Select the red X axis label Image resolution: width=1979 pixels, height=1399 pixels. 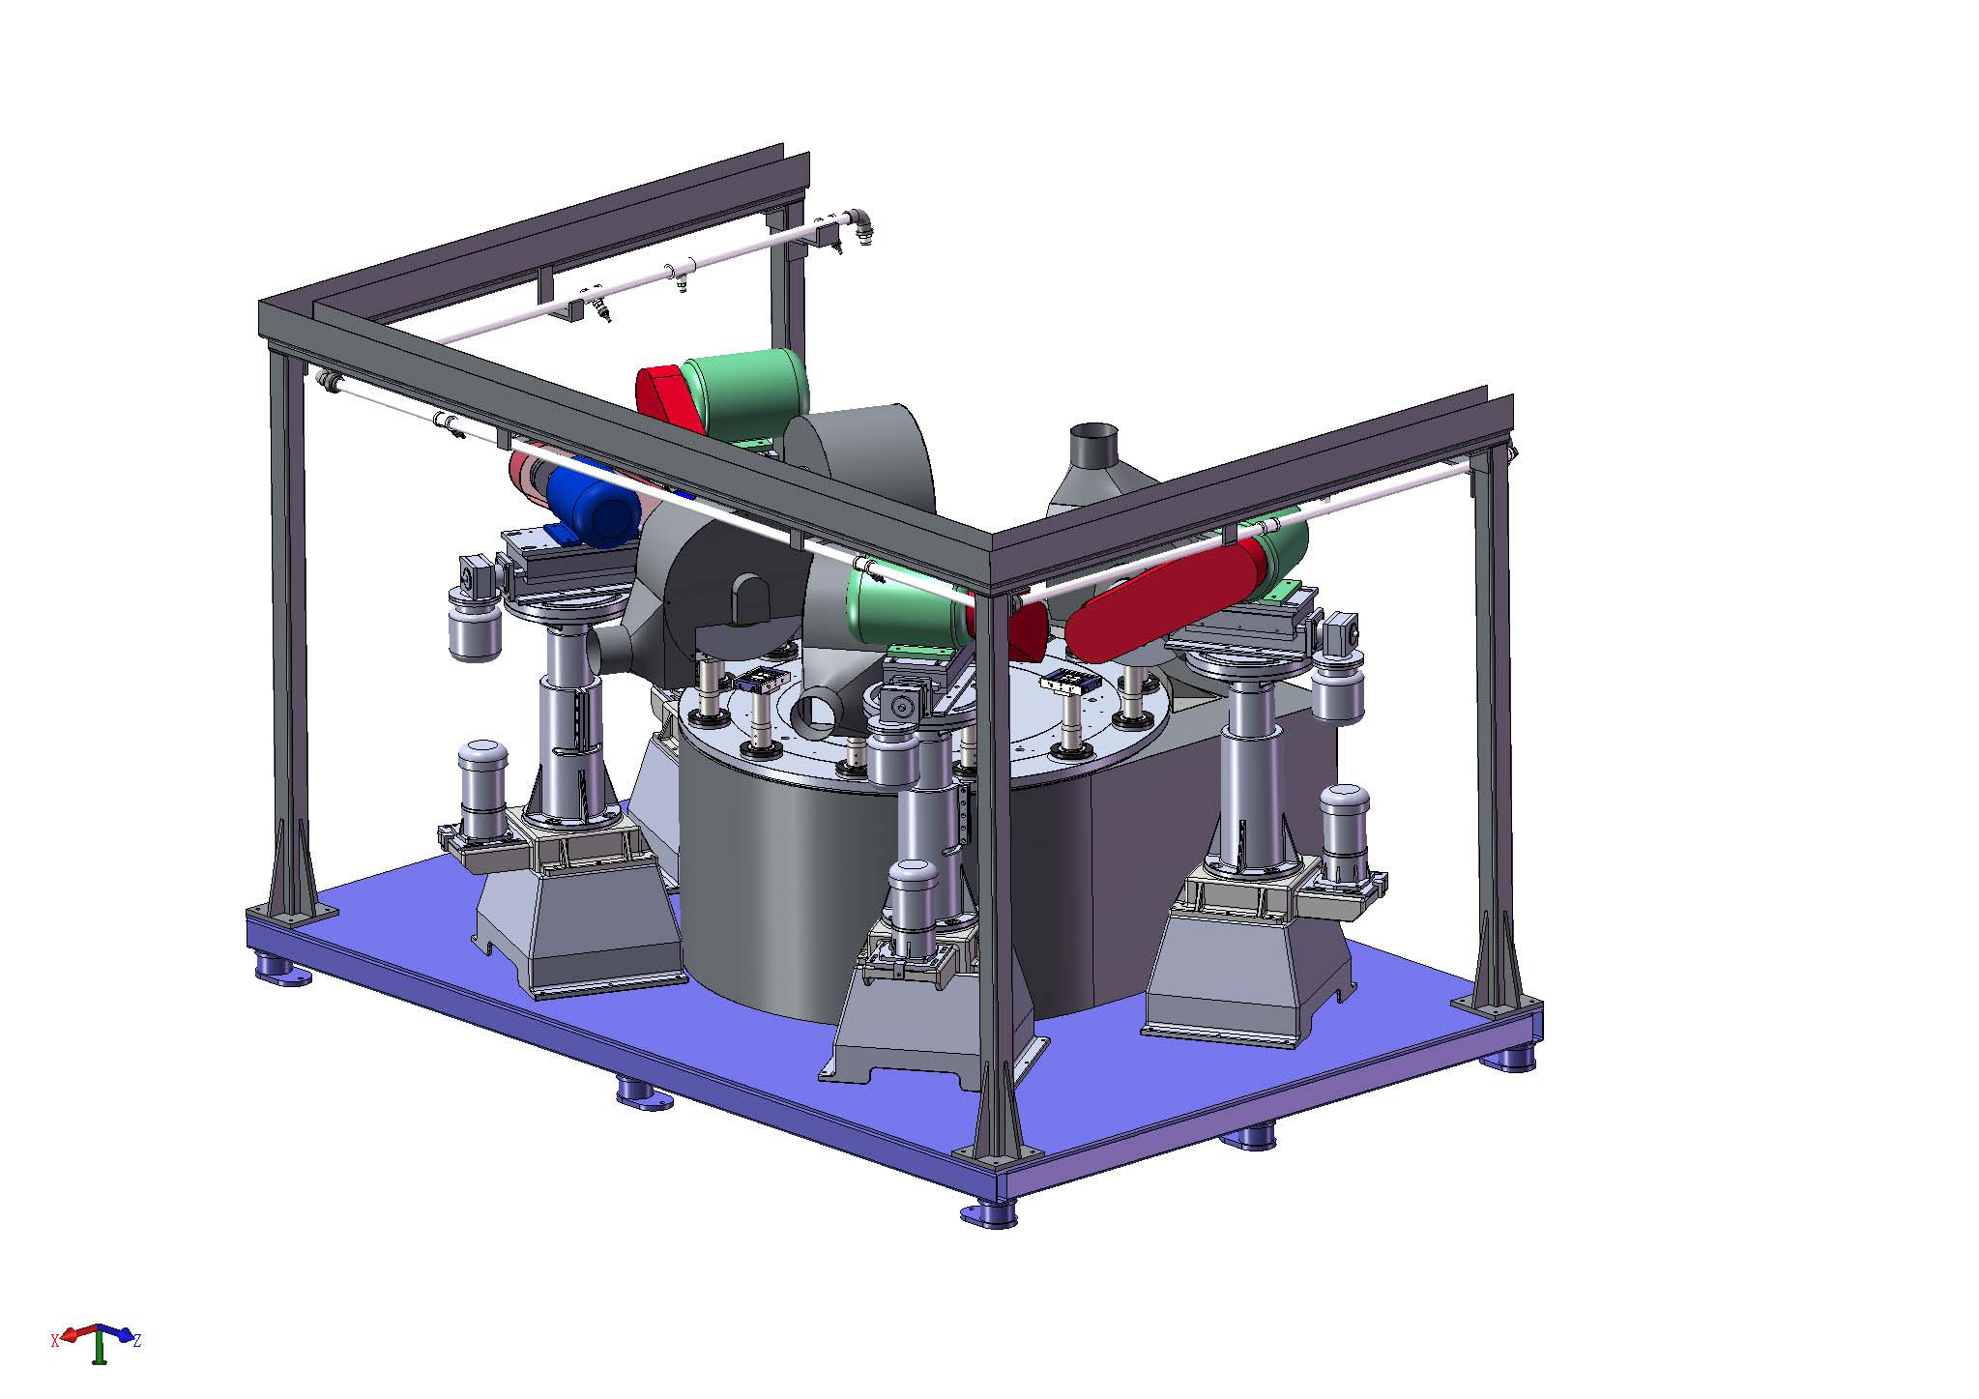55,1340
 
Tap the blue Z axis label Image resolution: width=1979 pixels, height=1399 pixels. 137,1340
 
